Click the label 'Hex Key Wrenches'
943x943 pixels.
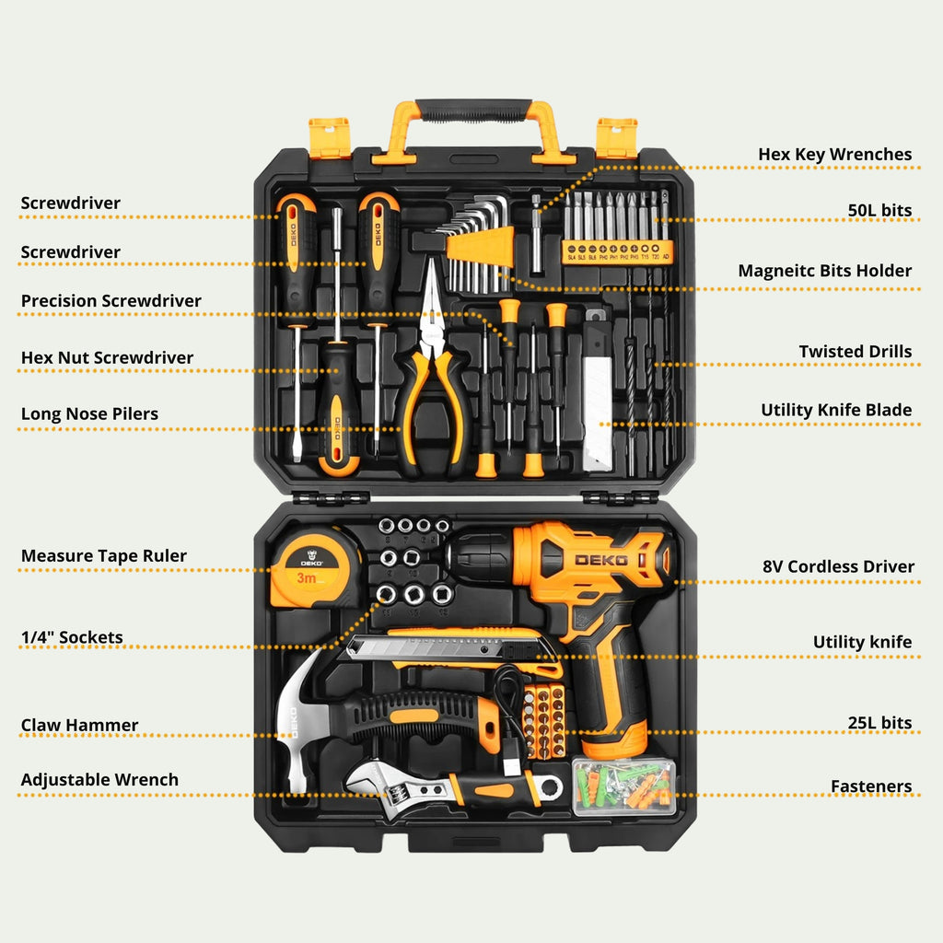(834, 154)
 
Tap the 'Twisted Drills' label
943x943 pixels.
(855, 351)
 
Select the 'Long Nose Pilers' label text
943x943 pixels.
(89, 413)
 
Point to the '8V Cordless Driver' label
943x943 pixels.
(838, 566)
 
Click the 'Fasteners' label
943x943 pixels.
(870, 786)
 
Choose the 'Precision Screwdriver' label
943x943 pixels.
(111, 300)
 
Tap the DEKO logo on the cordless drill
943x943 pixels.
(600, 560)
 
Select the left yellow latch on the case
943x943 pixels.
(329, 137)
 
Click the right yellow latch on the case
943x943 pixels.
(616, 137)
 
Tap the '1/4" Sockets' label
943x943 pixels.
(72, 636)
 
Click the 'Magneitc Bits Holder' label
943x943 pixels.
(824, 270)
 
